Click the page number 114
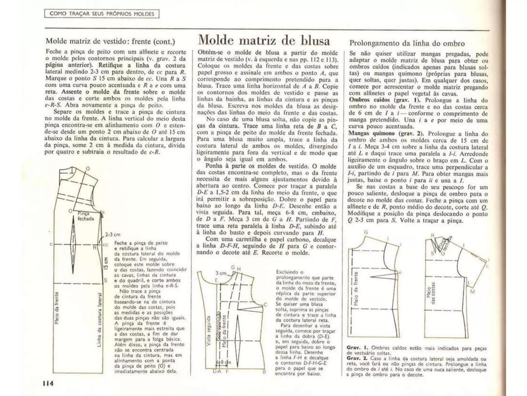pos(48,383)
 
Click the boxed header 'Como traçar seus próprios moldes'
pos(102,14)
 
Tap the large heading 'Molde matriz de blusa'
pos(264,41)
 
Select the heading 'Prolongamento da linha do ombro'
pos(407,43)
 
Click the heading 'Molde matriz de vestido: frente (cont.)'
pos(110,41)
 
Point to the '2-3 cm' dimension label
pos(113,235)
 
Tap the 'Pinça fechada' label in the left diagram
pos(85,216)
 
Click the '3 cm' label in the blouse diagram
pos(221,273)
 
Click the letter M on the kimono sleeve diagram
pos(472,292)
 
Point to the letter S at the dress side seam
pos(105,280)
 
